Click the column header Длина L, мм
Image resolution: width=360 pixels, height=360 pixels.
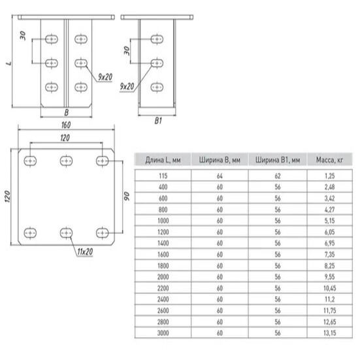point(163,160)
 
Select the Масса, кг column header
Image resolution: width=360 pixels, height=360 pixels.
point(329,160)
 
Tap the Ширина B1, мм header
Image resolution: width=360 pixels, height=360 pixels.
point(278,160)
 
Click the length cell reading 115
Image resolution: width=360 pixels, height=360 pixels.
point(163,176)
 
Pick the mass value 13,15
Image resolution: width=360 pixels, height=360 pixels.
point(330,333)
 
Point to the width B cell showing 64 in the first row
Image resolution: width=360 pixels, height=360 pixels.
point(220,176)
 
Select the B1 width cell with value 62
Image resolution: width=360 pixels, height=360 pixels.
point(278,176)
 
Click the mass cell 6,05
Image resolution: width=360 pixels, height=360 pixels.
point(329,232)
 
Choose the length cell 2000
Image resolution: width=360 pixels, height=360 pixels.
point(163,277)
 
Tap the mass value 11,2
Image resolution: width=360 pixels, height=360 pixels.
point(330,299)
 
